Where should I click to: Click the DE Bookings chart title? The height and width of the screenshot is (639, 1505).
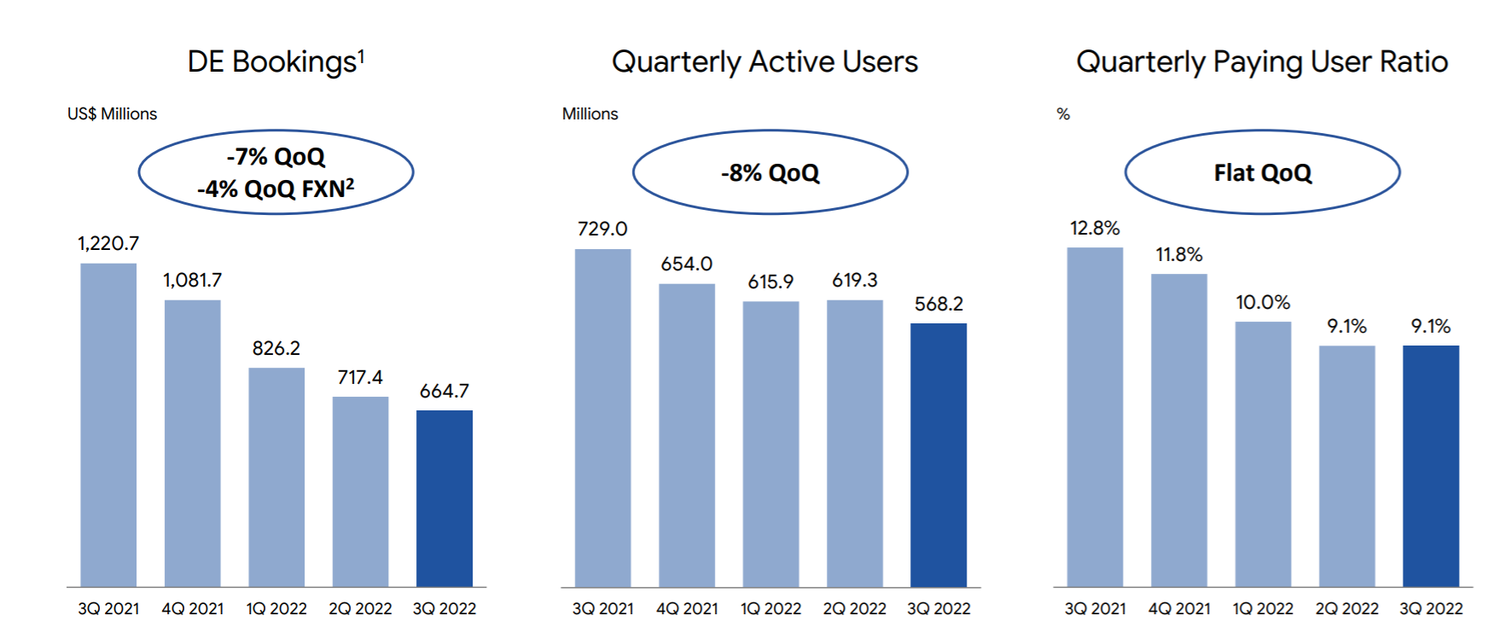[276, 62]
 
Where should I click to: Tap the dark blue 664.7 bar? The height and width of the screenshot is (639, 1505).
[445, 498]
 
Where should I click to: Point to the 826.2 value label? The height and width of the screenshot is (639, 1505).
[276, 348]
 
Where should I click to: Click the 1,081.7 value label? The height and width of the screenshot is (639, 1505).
[193, 280]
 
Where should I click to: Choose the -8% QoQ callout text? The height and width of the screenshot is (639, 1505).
[770, 173]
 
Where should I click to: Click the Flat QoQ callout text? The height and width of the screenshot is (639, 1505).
[1263, 173]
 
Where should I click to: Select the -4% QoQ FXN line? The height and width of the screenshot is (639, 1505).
[276, 189]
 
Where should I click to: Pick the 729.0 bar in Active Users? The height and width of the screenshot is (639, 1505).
[603, 418]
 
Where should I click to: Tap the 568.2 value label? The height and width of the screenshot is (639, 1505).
[938, 304]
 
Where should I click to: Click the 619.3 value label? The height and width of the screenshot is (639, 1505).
[855, 280]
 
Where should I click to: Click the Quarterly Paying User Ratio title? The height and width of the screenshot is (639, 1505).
[1262, 62]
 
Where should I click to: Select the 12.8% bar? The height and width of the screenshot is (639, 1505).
[1095, 417]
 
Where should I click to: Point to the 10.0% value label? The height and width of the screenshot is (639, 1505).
[1263, 302]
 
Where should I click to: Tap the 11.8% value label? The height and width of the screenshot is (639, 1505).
[1179, 254]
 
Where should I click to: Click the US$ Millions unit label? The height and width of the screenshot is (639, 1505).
[113, 113]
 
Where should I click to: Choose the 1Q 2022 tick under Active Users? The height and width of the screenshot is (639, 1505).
[770, 608]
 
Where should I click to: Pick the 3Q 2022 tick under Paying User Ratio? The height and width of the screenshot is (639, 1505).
[1431, 608]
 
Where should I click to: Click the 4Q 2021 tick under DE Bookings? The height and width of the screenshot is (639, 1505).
[193, 608]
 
